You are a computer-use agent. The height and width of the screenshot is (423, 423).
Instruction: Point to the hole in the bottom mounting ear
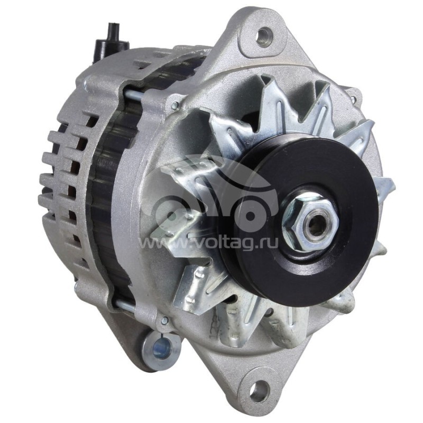[x=259, y=392]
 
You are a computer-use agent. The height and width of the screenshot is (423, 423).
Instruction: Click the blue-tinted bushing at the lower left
[x=162, y=347]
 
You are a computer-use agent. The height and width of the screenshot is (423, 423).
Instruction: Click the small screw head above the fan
[x=174, y=106]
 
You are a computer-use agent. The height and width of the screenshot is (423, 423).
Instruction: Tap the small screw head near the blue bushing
[x=164, y=320]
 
